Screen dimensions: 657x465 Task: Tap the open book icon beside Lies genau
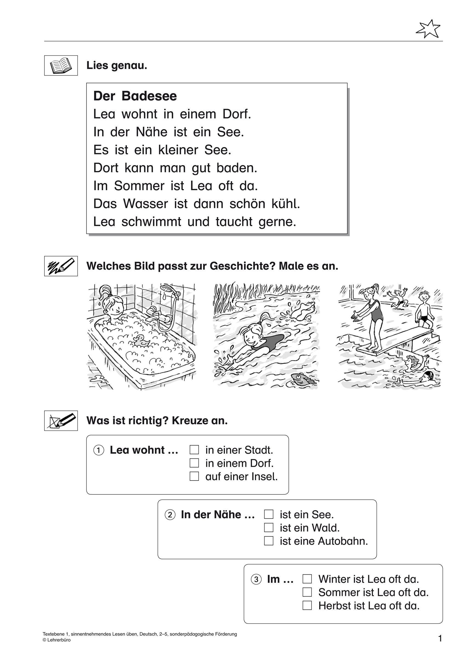click(61, 65)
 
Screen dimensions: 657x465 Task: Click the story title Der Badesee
click(135, 96)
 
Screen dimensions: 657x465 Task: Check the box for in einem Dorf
click(194, 463)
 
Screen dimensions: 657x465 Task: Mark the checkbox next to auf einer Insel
click(194, 476)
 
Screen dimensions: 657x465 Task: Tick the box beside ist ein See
click(269, 514)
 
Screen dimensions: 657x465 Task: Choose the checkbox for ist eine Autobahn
click(269, 541)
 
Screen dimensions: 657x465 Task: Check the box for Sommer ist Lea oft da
click(307, 592)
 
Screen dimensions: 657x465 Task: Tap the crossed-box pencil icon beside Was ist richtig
click(61, 421)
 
